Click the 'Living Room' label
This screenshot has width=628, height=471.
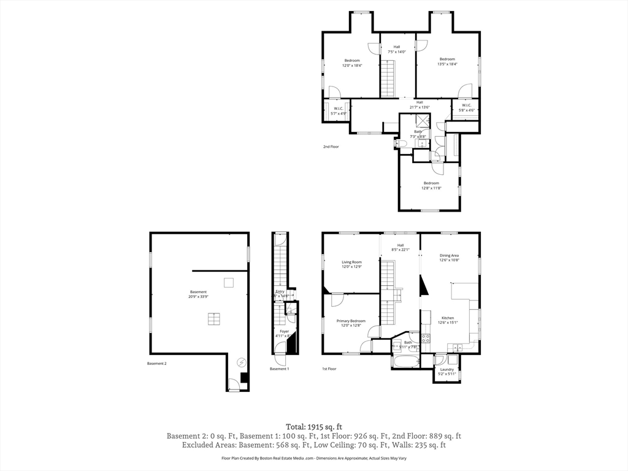click(351, 262)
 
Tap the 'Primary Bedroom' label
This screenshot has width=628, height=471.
click(351, 321)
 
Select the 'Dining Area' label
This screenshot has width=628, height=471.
click(449, 255)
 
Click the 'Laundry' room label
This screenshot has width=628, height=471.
click(446, 369)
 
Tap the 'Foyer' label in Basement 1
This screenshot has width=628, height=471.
click(284, 331)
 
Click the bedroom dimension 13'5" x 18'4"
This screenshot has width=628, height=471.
click(447, 64)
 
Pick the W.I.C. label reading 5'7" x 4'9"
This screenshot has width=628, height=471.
click(339, 113)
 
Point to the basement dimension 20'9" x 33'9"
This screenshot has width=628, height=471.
click(198, 296)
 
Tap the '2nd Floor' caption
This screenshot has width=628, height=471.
click(331, 147)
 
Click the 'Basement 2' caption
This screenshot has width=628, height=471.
click(156, 364)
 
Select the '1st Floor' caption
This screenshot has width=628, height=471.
click(329, 369)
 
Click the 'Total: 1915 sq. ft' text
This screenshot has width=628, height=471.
click(313, 426)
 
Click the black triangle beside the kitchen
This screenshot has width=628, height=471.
click(423, 286)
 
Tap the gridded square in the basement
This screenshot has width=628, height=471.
click(213, 318)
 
